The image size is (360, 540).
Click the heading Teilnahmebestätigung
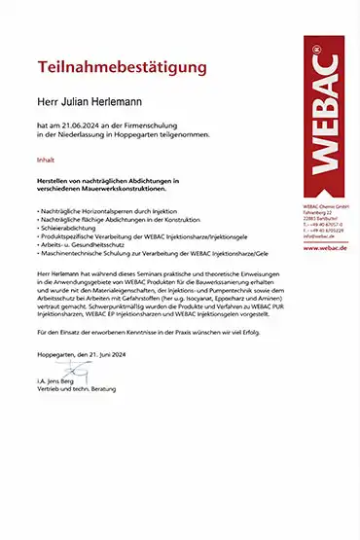pos(122,68)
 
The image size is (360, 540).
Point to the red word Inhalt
pos(46,160)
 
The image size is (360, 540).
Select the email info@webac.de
pos(318,236)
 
